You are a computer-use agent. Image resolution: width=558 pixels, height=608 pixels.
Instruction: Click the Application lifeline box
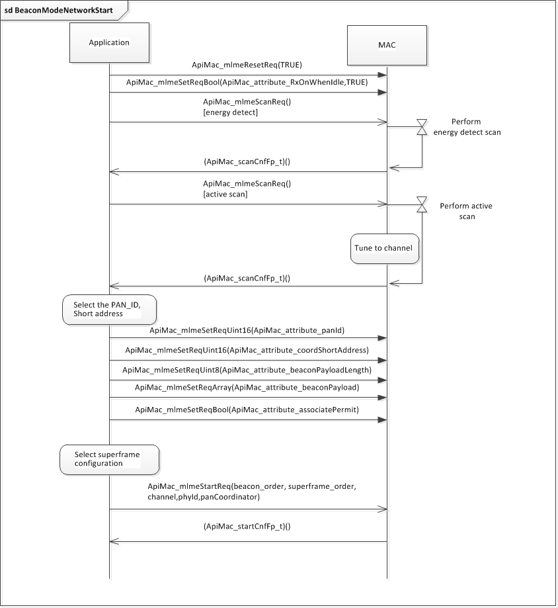tap(109, 43)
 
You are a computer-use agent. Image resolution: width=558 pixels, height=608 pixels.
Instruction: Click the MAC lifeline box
tap(387, 44)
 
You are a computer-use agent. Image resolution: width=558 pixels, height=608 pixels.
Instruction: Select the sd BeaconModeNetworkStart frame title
tap(60, 10)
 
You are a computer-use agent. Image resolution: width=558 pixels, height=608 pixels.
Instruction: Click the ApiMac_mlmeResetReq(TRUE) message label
tap(247, 65)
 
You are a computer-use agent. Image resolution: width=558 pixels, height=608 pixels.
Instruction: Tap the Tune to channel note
tap(384, 248)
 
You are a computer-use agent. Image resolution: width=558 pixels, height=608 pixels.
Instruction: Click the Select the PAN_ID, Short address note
tap(109, 310)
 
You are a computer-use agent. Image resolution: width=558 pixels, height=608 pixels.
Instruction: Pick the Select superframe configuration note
tap(109, 459)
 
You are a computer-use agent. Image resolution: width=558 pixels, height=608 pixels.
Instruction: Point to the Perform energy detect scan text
tap(467, 127)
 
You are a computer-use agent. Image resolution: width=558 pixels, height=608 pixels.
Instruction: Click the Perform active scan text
tap(465, 211)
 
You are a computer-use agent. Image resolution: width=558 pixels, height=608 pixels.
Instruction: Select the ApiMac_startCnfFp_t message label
tap(247, 527)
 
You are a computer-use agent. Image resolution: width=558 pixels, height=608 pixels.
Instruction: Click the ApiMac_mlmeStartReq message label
tap(252, 492)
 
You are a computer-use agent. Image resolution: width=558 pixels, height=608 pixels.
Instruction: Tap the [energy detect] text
tap(230, 113)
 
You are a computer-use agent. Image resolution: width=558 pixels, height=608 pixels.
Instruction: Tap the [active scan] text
tap(225, 195)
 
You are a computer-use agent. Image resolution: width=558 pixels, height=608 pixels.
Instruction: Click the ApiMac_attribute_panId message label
tap(247, 329)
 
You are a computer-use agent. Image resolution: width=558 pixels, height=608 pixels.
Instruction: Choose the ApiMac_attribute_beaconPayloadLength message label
tap(247, 370)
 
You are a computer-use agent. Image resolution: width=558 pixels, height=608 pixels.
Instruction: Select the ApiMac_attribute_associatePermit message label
tap(247, 410)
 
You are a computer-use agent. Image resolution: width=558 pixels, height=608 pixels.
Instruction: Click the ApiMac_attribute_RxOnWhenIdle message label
tap(247, 83)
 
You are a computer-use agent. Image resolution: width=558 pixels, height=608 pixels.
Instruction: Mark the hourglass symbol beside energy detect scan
tap(422, 127)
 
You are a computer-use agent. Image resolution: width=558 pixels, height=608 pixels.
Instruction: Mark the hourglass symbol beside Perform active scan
tap(422, 204)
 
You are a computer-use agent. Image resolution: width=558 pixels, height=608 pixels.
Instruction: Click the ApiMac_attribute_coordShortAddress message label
tap(247, 350)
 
